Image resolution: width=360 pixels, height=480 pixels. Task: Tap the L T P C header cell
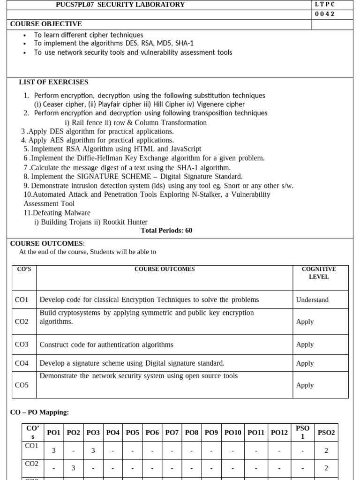(325, 5)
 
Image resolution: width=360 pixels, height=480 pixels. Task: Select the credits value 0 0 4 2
(325, 14)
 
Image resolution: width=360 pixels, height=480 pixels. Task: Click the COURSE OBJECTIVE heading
(46, 24)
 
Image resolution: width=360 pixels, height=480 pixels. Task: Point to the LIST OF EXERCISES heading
(53, 82)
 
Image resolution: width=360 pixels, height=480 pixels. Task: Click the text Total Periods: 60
(166, 231)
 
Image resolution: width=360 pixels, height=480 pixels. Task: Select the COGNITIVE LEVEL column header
(319, 273)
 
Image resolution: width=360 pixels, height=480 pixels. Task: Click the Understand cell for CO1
(312, 300)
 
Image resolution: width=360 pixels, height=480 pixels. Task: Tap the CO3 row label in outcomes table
(22, 345)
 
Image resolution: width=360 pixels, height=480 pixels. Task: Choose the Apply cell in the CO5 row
(305, 385)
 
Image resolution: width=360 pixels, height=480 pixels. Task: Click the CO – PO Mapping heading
(39, 412)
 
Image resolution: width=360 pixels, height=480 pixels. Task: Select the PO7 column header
(172, 433)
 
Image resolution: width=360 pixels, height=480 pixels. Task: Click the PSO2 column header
(326, 433)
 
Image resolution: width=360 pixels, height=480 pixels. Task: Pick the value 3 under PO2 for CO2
(74, 468)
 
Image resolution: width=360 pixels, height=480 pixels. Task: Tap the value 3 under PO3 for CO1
(93, 450)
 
